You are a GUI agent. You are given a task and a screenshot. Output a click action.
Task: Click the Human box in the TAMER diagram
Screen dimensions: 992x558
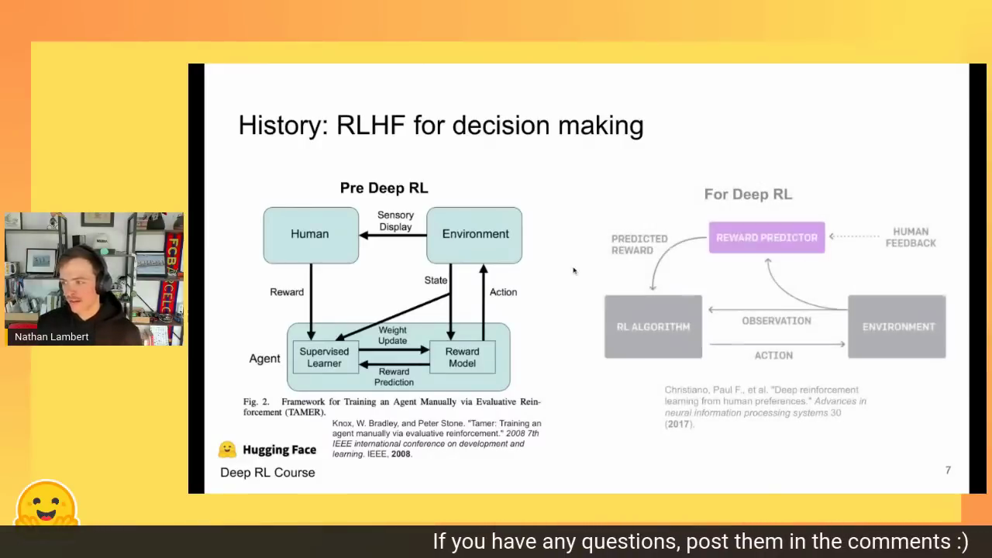pyautogui.click(x=311, y=235)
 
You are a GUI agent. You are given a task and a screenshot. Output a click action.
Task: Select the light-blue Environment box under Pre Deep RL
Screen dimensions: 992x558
pyautogui.click(x=474, y=235)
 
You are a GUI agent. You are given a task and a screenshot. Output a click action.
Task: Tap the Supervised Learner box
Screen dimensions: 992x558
pyautogui.click(x=325, y=357)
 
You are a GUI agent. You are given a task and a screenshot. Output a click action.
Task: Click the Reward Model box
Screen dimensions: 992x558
pyautogui.click(x=463, y=357)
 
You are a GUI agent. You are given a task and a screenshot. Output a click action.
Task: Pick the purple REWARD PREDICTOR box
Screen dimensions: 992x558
pyautogui.click(x=766, y=238)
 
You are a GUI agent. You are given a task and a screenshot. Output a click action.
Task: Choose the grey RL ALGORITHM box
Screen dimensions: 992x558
pyautogui.click(x=653, y=326)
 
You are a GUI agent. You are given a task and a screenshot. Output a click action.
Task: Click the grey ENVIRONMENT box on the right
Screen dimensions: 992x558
pyautogui.click(x=897, y=326)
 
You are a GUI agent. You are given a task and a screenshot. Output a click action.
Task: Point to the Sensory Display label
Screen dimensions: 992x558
pyautogui.click(x=395, y=221)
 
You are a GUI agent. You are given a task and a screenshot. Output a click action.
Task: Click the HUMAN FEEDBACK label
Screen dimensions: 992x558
pyautogui.click(x=911, y=237)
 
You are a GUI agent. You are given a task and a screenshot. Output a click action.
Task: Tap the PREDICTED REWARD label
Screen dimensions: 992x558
pyautogui.click(x=639, y=244)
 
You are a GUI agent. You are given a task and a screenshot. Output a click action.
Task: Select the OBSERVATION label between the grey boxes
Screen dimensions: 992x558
pyautogui.click(x=777, y=321)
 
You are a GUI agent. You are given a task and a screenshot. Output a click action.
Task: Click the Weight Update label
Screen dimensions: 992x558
pyautogui.click(x=392, y=336)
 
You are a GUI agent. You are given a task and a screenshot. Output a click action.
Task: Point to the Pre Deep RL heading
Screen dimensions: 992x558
pyautogui.click(x=384, y=188)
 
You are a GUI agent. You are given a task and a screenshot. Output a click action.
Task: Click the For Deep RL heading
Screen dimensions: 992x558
pyautogui.click(x=748, y=194)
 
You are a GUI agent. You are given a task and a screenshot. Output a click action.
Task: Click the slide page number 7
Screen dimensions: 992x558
pyautogui.click(x=948, y=470)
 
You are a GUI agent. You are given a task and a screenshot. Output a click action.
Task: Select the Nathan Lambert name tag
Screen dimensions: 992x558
pyautogui.click(x=51, y=336)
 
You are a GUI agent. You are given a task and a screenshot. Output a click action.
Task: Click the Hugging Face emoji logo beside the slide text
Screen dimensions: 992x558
pyautogui.click(x=227, y=449)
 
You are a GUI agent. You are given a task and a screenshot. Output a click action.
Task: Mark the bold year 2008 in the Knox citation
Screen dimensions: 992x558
pyautogui.click(x=401, y=454)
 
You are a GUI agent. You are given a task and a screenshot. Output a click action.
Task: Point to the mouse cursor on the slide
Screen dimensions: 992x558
pyautogui.click(x=575, y=271)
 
